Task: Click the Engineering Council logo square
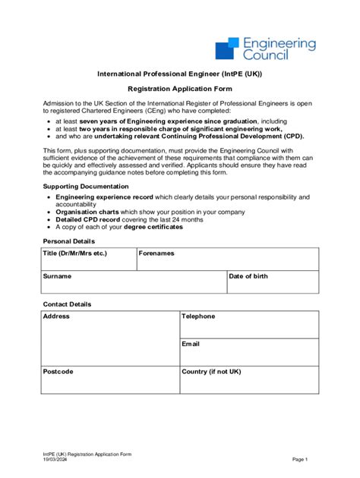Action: pos(228,49)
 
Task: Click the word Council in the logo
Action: pos(266,55)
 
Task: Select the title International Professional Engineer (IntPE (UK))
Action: pos(179,74)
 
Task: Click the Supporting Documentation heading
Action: pos(86,186)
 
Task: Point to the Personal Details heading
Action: pos(70,241)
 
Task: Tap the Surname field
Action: pos(134,284)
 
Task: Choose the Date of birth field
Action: pos(273,284)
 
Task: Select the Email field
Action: pos(249,353)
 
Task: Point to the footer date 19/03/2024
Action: pos(55,459)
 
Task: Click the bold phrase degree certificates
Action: pos(154,227)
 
